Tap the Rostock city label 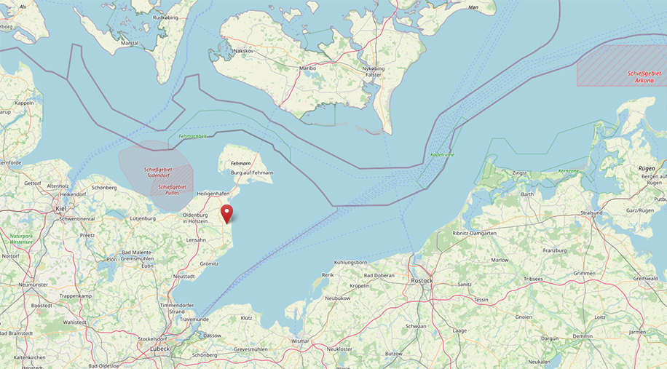(x=422, y=280)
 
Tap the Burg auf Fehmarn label (x=252, y=172)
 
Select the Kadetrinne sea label (x=442, y=155)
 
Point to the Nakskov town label (x=244, y=51)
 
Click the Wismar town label (x=300, y=340)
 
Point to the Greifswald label (x=646, y=278)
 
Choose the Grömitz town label (x=209, y=263)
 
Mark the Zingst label (x=519, y=173)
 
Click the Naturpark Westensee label (x=21, y=238)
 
